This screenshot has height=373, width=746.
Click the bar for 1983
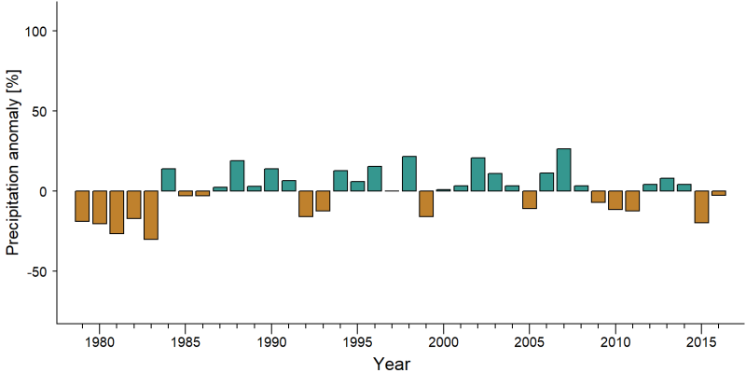151,215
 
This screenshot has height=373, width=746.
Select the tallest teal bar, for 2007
564,170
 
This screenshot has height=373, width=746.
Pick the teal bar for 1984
169,180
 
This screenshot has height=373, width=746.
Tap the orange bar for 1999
426,203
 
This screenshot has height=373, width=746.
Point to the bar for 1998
409,173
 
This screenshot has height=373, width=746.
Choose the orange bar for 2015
701,207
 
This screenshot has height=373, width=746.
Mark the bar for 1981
117,213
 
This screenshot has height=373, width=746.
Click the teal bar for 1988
237,176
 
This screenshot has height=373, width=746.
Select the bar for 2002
477,174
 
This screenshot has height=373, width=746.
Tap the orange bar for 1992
306,203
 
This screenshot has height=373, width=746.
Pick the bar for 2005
530,200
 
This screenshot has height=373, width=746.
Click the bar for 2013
667,185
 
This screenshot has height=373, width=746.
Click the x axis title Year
391,364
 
